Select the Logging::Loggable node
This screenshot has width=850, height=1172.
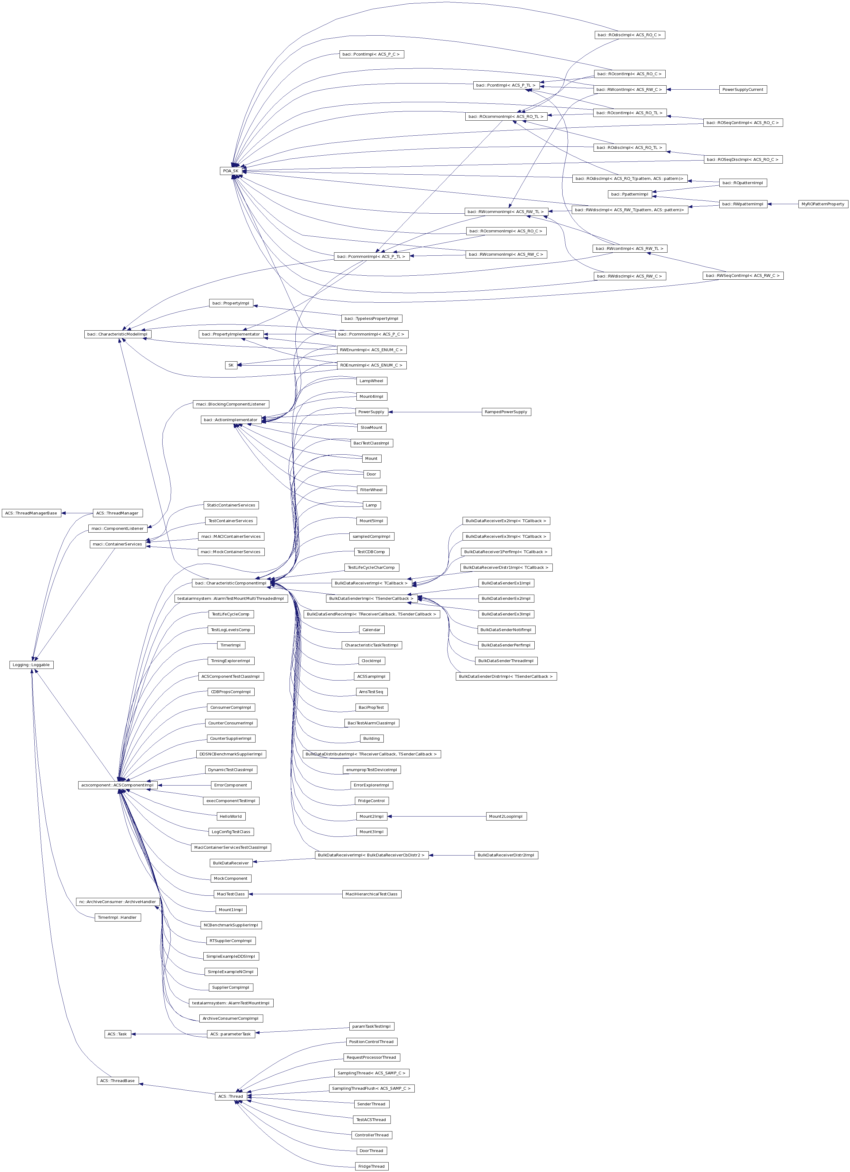tap(32, 665)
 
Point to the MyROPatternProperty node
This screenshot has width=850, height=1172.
tap(822, 204)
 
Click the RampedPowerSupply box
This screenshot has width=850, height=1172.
tap(506, 412)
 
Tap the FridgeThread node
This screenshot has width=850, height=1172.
tap(371, 1166)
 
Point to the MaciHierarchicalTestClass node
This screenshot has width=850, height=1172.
tap(371, 894)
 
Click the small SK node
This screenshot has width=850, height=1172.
tap(231, 365)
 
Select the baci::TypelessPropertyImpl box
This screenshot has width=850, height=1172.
tap(371, 319)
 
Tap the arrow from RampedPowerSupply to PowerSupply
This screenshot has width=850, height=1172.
tap(434, 412)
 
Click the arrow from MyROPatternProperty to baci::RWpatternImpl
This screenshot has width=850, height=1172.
tap(782, 204)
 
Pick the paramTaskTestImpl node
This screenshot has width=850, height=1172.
tap(371, 1026)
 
